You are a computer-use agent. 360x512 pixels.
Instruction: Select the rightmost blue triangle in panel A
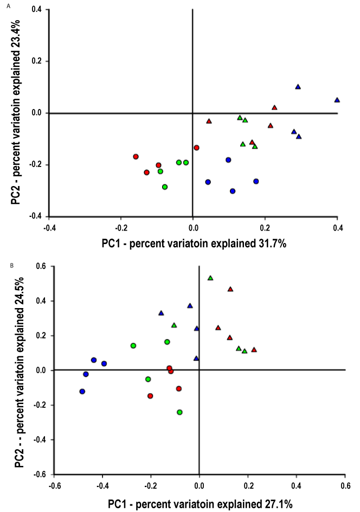coord(337,100)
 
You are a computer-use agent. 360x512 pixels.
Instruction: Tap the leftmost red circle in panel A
coord(136,156)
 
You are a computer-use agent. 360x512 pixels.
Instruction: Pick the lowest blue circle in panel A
coord(233,191)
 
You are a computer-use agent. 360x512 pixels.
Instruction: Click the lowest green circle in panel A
coord(165,187)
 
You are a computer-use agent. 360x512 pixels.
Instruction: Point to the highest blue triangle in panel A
coord(298,87)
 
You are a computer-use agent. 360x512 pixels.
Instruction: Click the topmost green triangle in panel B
coord(210,278)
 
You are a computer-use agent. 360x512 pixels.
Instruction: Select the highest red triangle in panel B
coord(230,289)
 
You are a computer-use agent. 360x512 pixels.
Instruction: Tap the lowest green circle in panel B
coord(179,412)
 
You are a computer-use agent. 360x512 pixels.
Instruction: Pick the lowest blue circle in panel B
coord(82,391)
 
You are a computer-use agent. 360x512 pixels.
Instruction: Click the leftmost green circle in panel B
coord(133,345)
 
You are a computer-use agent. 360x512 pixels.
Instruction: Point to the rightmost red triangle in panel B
coord(254,349)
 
